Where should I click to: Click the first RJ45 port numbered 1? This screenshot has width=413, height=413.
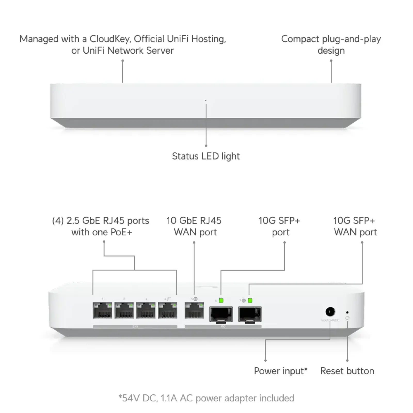(x=102, y=311)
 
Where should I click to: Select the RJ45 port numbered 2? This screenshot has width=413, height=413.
(x=124, y=311)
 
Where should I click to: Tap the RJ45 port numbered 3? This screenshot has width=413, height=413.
(x=146, y=311)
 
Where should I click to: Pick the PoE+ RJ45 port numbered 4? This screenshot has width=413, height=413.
(x=168, y=311)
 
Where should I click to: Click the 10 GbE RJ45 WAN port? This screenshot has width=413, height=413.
(x=194, y=311)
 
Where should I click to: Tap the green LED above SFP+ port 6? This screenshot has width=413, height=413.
(x=221, y=300)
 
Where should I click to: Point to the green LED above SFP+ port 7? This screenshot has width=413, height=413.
(x=250, y=300)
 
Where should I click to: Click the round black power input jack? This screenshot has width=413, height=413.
(x=330, y=312)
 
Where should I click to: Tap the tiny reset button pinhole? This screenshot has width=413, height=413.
(x=347, y=313)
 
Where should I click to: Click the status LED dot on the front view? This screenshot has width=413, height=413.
(x=206, y=100)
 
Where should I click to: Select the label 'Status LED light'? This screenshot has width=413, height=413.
(x=206, y=156)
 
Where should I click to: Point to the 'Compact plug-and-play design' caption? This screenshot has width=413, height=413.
(x=331, y=44)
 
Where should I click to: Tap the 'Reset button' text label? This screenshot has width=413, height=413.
(x=347, y=371)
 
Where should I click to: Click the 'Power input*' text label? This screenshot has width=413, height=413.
(x=281, y=371)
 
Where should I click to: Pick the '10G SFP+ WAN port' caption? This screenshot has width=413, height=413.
(x=355, y=226)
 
